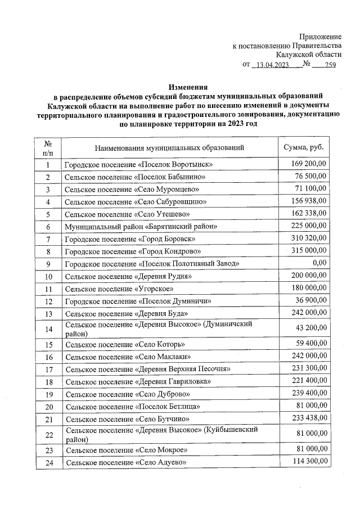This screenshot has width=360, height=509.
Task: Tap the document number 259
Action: (x=327, y=65)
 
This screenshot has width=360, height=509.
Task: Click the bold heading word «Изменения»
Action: (x=188, y=87)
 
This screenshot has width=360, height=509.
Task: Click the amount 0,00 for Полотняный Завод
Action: (x=319, y=263)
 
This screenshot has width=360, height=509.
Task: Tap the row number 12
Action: (x=48, y=301)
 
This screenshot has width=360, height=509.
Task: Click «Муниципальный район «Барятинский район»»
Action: (x=141, y=227)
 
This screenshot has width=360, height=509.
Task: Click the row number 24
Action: (x=48, y=462)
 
